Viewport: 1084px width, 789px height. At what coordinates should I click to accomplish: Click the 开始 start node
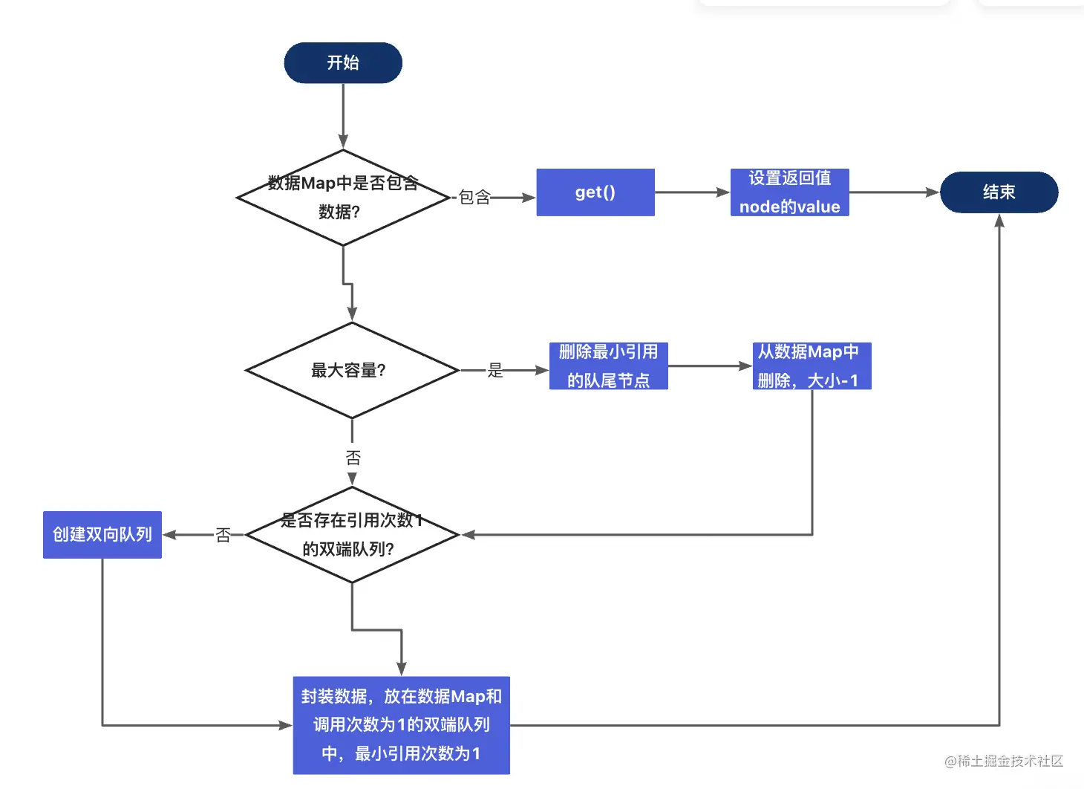click(343, 63)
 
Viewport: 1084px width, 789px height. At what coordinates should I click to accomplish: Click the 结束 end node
click(999, 192)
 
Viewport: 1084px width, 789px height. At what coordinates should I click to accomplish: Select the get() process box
click(595, 192)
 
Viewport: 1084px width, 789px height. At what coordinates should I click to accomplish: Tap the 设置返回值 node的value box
click(789, 192)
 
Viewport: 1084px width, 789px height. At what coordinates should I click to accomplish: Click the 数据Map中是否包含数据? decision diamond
click(343, 198)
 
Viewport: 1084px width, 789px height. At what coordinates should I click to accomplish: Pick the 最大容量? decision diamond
click(351, 370)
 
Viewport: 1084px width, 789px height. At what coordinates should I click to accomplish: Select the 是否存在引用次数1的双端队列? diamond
click(351, 535)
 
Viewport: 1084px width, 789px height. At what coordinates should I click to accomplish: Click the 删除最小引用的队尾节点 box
click(608, 366)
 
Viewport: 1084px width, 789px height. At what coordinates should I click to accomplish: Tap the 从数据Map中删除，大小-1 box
click(812, 366)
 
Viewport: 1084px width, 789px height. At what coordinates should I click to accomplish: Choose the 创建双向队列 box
click(102, 535)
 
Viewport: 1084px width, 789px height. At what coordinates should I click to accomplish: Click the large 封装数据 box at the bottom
click(401, 725)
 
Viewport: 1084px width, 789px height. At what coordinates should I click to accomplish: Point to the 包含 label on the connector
click(474, 198)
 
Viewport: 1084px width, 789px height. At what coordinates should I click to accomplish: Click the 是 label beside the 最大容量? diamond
click(495, 370)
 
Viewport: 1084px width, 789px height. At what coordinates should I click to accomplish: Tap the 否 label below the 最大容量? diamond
click(353, 458)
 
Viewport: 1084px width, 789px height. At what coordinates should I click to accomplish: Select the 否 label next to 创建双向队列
click(223, 535)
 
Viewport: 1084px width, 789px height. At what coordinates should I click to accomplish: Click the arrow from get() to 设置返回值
click(692, 192)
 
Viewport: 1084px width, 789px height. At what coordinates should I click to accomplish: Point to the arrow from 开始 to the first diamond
click(343, 115)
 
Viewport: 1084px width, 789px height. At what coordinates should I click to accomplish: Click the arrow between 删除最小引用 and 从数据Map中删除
click(710, 366)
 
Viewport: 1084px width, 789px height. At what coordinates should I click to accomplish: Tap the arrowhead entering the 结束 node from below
click(999, 221)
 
